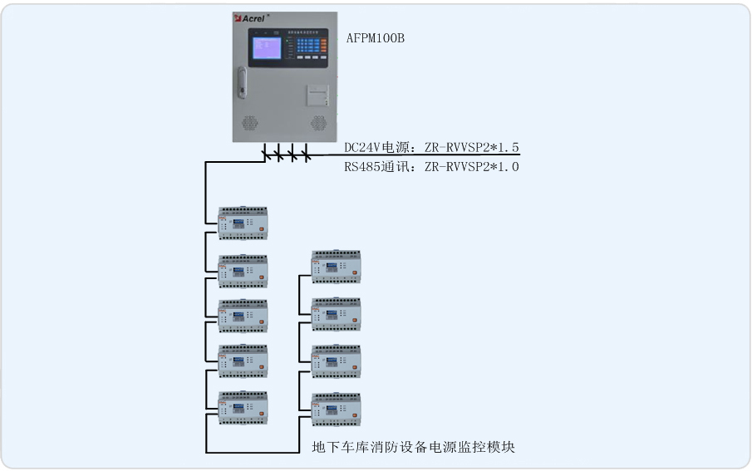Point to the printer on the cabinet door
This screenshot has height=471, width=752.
pyautogui.click(x=315, y=96)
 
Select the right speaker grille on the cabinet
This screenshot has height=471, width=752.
pyautogui.click(x=318, y=124)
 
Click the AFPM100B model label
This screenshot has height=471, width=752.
pyautogui.click(x=376, y=38)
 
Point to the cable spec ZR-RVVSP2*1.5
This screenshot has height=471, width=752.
pyautogui.click(x=472, y=148)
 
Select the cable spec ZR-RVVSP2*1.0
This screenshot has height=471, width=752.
pyautogui.click(x=472, y=167)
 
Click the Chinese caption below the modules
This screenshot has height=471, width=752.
pyautogui.click(x=413, y=448)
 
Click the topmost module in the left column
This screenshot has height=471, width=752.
pyautogui.click(x=243, y=222)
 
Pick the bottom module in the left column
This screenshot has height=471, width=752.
pyautogui.click(x=243, y=405)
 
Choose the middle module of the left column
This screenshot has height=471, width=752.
pyautogui.click(x=243, y=315)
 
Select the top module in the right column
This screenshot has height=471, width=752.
pyautogui.click(x=336, y=266)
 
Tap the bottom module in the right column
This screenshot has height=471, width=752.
pyautogui.click(x=336, y=408)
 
